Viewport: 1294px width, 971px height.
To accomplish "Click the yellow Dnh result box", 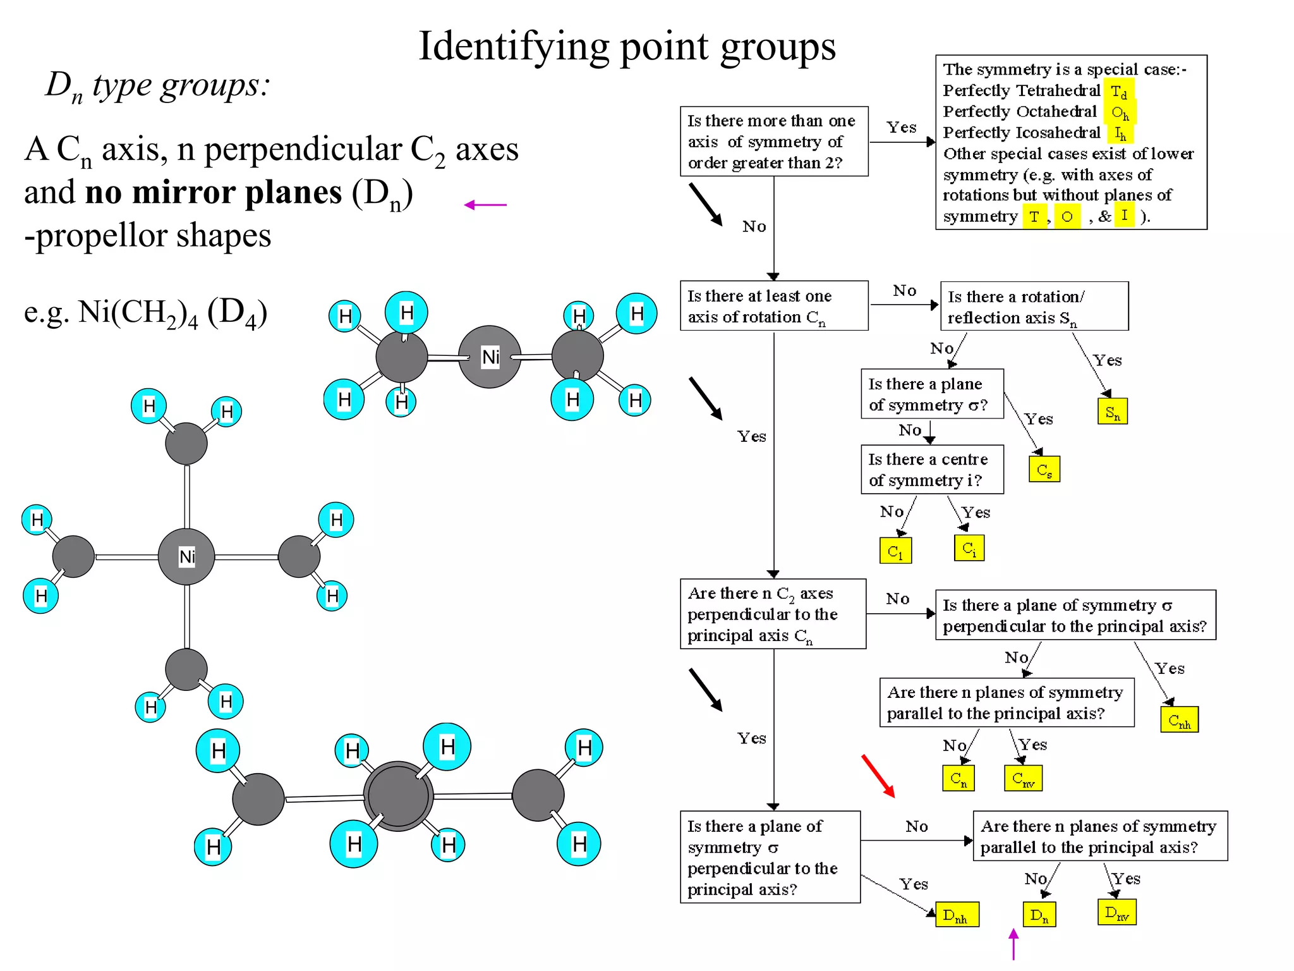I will (x=957, y=914).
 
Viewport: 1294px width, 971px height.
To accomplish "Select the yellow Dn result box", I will (x=1039, y=914).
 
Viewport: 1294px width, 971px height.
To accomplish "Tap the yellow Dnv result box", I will (x=1116, y=912).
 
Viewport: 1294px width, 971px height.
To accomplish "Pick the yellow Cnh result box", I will (x=1179, y=719).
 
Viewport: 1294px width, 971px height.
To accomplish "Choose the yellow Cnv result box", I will (x=1023, y=778).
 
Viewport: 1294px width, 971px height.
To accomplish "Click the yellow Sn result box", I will (x=1112, y=412).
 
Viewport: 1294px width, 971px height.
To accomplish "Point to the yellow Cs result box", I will (x=1044, y=469).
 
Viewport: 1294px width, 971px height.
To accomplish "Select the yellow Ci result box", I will (x=969, y=548).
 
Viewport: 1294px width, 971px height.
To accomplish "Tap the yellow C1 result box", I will (x=895, y=550).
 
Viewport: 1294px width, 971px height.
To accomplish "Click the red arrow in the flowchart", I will (x=878, y=776).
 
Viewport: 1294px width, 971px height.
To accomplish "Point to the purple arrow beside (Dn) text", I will (x=485, y=205).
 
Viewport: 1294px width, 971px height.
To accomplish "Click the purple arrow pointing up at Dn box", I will (x=1013, y=944).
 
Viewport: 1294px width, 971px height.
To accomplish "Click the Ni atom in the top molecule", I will (x=490, y=357).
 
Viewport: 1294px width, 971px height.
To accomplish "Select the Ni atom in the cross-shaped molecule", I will (x=186, y=556).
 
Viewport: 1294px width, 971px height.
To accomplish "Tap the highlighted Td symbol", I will (x=1119, y=92).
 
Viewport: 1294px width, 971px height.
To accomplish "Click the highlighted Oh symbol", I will (x=1120, y=113).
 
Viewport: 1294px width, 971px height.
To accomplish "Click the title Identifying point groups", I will (x=627, y=46).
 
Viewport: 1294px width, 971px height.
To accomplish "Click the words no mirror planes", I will (x=213, y=192).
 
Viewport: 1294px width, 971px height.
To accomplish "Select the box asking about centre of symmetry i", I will (x=932, y=470).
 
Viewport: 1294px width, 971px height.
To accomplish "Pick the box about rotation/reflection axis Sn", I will (x=1034, y=307).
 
